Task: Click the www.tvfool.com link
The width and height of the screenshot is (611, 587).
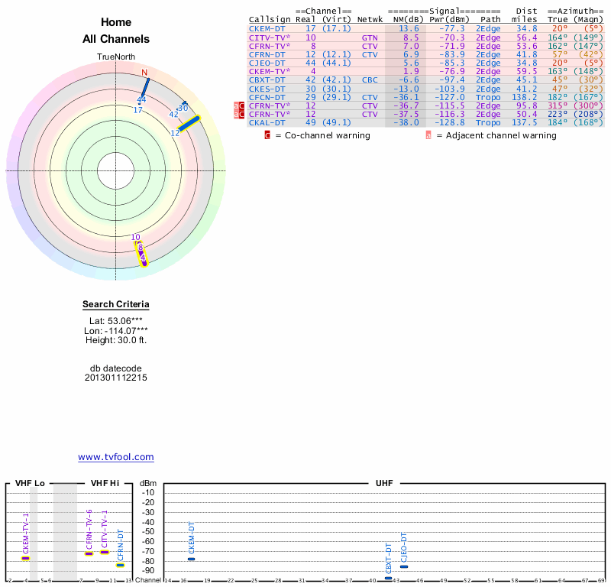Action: [116, 457]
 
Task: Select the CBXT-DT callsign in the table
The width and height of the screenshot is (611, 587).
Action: [267, 79]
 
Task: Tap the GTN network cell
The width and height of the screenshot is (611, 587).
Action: [370, 37]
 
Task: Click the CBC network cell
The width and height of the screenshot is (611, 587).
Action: [370, 79]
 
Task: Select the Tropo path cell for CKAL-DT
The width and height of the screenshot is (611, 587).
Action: [488, 122]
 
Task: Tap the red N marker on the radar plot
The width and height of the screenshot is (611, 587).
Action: [144, 73]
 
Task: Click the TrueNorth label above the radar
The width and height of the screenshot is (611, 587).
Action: [116, 57]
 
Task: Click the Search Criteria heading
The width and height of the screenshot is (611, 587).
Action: [116, 304]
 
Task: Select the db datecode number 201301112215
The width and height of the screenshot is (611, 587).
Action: [116, 378]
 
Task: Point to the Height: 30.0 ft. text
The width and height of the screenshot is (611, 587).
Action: [116, 340]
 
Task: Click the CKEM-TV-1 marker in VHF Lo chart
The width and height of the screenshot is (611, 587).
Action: [25, 558]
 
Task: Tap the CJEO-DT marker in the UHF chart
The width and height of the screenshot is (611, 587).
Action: [404, 566]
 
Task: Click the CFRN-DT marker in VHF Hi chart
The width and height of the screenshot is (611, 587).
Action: [120, 565]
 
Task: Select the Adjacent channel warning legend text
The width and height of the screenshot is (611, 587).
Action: [496, 135]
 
